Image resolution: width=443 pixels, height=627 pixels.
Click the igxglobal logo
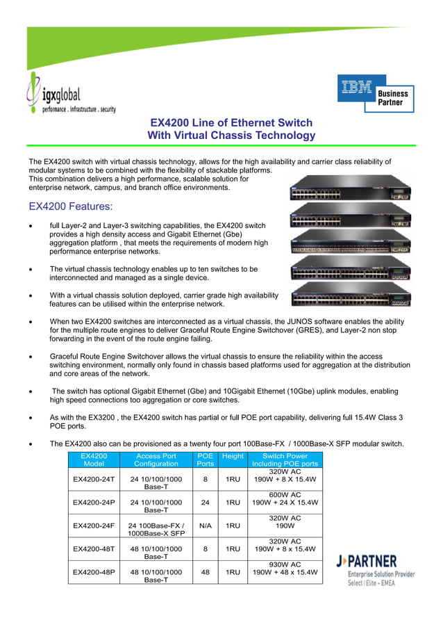[69, 97]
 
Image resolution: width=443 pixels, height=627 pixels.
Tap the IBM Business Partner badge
[376, 94]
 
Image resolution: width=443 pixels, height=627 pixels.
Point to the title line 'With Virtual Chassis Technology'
[231, 136]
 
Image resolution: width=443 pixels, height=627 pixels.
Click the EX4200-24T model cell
[94, 480]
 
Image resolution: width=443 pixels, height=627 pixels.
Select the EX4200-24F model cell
[94, 526]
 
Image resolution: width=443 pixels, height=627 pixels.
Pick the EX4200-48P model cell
[94, 572]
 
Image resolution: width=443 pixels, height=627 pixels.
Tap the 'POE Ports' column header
[205, 459]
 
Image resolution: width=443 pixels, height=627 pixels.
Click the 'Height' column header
[233, 456]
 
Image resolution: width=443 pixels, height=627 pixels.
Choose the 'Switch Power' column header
[285, 459]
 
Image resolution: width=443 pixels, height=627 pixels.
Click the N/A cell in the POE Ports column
[205, 526]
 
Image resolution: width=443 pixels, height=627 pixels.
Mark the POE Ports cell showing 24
[205, 502]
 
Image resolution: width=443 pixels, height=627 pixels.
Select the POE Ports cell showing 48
[205, 572]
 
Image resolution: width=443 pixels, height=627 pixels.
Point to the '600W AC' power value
[285, 494]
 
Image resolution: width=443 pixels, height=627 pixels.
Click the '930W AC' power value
[285, 564]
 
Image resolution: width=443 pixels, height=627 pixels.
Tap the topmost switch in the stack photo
[351, 188]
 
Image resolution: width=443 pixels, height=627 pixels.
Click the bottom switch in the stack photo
[351, 295]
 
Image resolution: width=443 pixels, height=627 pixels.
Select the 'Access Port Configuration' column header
[156, 459]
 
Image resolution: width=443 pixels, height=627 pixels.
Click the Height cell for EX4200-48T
[233, 548]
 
